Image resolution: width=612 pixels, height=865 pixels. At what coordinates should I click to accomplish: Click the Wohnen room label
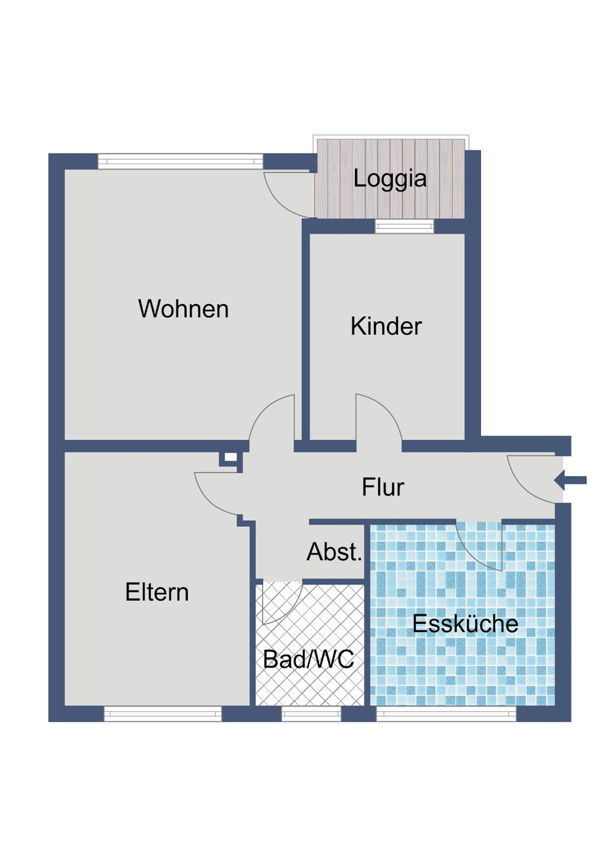point(183,309)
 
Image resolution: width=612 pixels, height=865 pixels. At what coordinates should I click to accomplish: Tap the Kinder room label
point(386,326)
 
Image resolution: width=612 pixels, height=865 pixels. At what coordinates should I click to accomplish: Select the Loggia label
point(390,179)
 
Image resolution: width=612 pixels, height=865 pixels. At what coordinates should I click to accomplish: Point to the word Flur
point(382,488)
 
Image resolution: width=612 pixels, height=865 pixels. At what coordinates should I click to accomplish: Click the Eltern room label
point(157,592)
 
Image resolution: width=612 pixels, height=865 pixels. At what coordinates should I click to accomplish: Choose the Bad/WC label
point(308,660)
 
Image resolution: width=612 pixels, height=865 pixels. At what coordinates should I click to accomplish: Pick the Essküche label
point(465,624)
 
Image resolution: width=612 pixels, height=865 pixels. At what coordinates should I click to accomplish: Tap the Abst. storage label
point(334,552)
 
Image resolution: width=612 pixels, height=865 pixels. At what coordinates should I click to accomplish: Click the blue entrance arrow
point(570,480)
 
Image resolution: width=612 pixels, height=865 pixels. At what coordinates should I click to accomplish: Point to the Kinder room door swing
point(375,419)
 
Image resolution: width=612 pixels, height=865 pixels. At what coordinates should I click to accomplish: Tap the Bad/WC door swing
point(279,602)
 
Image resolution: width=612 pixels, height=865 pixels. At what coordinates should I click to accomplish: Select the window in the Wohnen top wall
point(180,162)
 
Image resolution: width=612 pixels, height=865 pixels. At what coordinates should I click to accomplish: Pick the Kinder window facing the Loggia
point(404,227)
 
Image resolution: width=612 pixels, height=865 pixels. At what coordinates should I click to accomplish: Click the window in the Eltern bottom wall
point(162,713)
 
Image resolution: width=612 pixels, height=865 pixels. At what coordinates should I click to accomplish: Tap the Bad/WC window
point(311,713)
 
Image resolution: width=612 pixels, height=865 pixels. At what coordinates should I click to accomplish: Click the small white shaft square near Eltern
point(230,457)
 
